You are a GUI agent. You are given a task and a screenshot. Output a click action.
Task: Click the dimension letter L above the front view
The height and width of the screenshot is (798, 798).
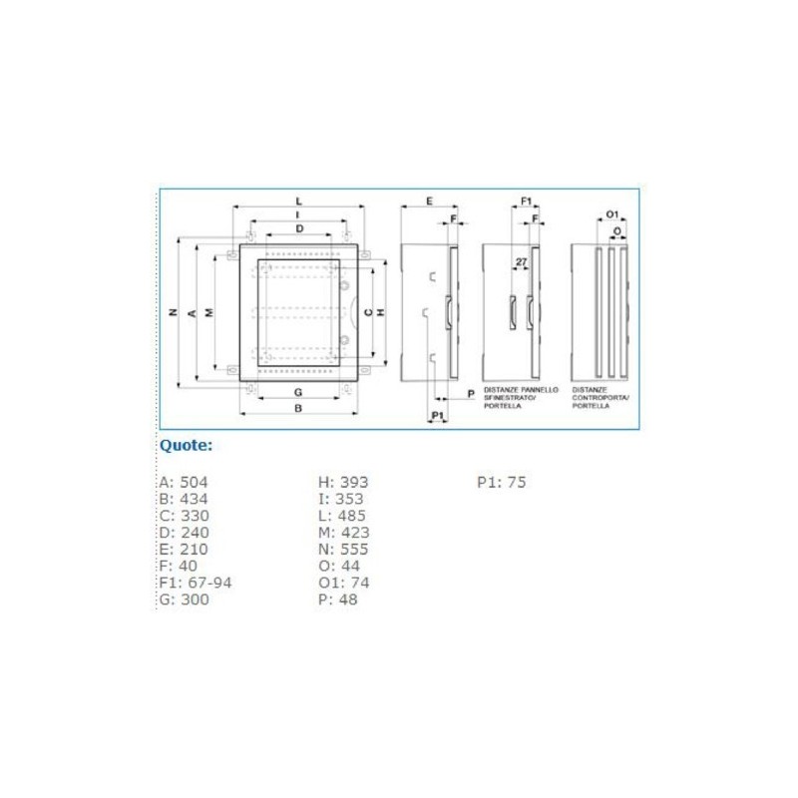[298, 201]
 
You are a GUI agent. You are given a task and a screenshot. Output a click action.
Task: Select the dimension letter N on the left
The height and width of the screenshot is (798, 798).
[173, 312]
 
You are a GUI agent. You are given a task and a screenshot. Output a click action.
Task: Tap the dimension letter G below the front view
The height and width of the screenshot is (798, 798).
[298, 390]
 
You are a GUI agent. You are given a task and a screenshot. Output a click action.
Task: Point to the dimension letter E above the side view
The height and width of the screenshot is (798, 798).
[428, 201]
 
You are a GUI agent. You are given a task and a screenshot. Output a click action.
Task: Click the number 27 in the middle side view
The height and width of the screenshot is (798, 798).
[521, 262]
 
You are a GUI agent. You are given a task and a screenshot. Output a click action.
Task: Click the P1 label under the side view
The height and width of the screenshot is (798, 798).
[437, 414]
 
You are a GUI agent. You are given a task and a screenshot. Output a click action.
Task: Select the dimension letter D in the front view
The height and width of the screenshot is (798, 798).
[298, 229]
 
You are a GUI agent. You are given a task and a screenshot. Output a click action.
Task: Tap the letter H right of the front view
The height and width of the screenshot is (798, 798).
[381, 312]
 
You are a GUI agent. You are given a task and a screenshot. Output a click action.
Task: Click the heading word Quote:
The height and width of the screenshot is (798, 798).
[187, 445]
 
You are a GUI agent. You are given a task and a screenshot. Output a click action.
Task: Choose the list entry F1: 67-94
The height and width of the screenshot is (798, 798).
[196, 583]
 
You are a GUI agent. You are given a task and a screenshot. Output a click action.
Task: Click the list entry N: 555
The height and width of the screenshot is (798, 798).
[343, 550]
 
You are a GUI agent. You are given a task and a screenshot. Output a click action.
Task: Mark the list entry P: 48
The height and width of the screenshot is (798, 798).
[338, 599]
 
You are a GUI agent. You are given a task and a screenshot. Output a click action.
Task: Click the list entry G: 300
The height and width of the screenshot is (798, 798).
[184, 599]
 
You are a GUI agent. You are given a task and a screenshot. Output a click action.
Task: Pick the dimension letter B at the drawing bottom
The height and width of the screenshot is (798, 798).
[298, 409]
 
